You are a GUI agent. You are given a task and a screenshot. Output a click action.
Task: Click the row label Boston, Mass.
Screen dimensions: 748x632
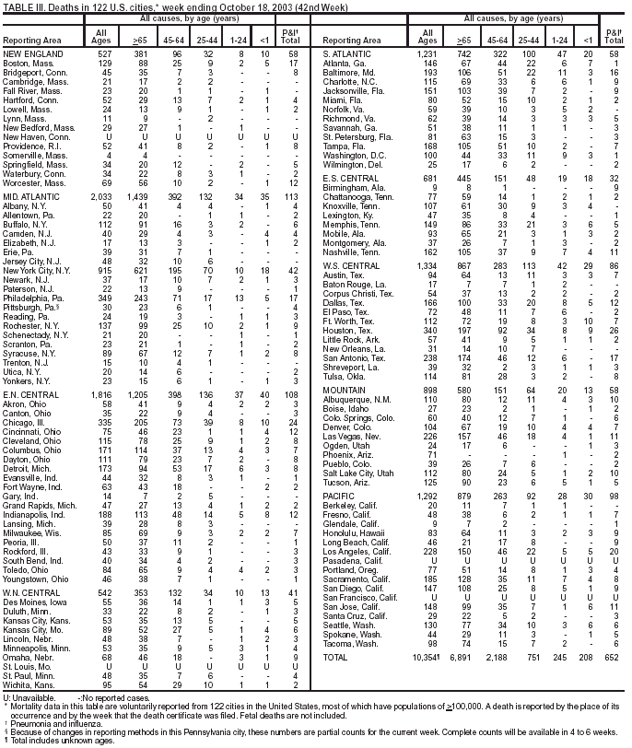[28, 63]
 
